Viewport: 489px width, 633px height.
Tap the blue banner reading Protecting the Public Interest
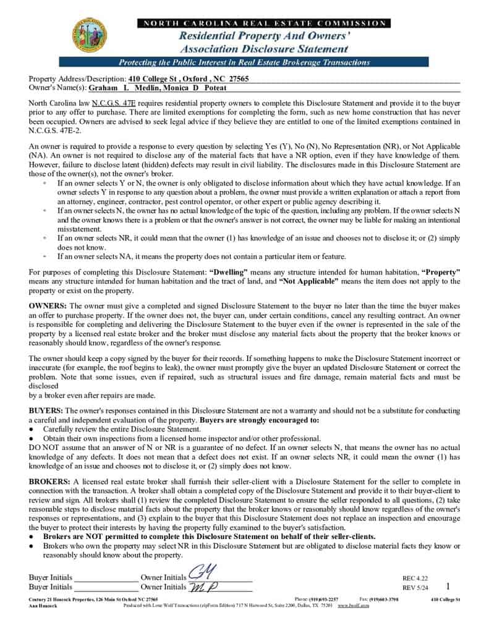244,62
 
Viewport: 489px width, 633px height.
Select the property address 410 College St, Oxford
189,79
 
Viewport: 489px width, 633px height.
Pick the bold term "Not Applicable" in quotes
309,281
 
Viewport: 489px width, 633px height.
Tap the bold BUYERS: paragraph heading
46,410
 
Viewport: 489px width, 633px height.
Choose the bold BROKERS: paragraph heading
50,481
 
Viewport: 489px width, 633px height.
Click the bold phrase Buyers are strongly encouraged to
260,420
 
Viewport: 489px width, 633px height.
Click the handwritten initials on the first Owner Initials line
201,574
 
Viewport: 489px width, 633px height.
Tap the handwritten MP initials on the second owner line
204,587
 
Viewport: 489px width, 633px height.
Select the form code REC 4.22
415,579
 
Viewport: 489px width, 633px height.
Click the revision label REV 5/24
415,588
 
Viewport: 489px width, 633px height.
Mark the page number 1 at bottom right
448,585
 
